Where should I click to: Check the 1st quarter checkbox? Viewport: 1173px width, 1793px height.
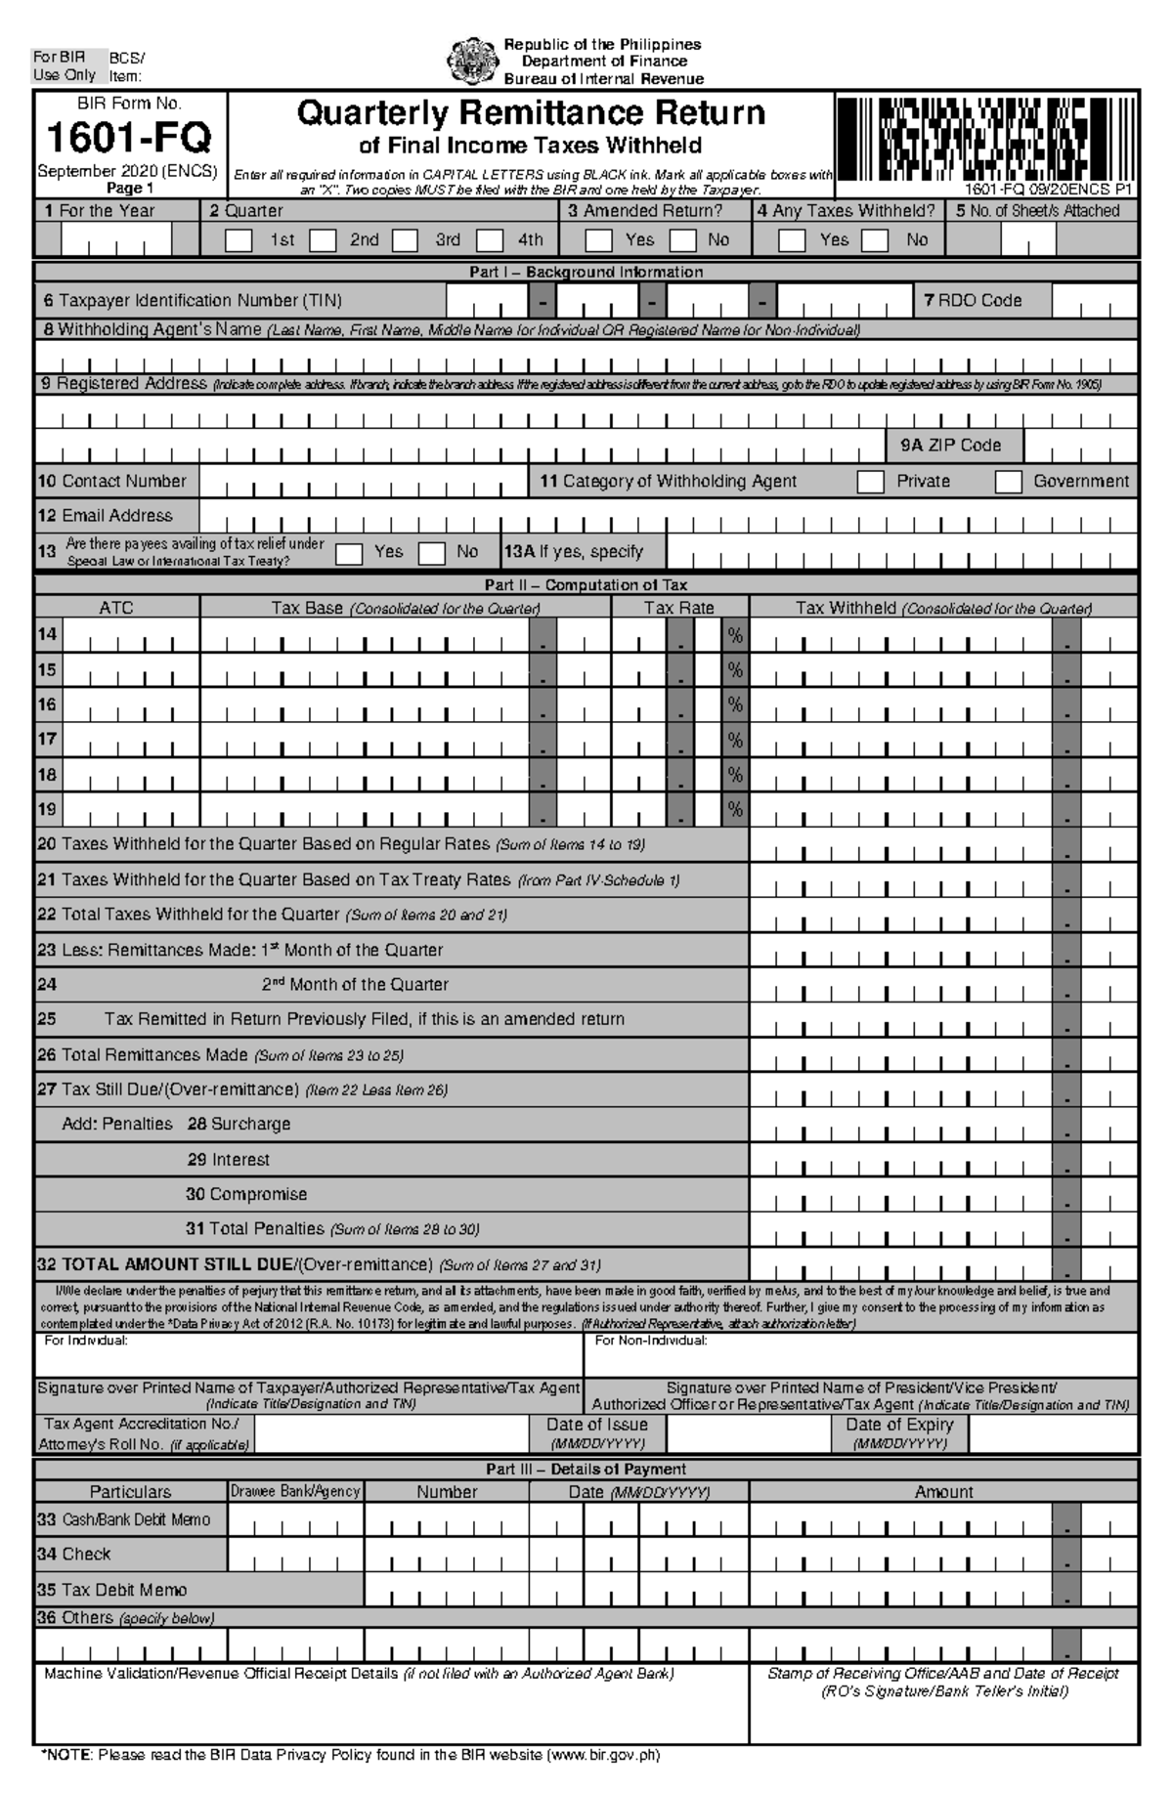click(x=239, y=240)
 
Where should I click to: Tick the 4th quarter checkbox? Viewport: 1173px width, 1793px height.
click(x=490, y=240)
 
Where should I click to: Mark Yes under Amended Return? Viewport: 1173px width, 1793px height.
click(x=598, y=240)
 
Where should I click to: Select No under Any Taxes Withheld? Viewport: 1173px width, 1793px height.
click(x=875, y=240)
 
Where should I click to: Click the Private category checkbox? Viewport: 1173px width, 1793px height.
click(x=870, y=482)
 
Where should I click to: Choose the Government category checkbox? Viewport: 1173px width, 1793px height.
click(x=1008, y=482)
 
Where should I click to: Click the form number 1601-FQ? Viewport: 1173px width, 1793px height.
click(x=129, y=138)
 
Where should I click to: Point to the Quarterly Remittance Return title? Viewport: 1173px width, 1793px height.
click(x=531, y=114)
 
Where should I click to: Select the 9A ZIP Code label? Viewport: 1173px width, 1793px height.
click(x=951, y=446)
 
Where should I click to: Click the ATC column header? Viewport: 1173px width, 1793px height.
click(x=116, y=608)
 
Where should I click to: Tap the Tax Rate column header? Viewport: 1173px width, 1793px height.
click(x=678, y=608)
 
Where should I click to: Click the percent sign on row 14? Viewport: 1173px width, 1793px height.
click(x=735, y=636)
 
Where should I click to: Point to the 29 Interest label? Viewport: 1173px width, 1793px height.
click(x=228, y=1160)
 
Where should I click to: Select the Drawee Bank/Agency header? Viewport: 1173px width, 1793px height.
click(x=295, y=1491)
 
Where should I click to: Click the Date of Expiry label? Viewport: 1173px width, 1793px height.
click(x=898, y=1425)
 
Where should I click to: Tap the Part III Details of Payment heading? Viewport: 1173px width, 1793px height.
click(x=586, y=1469)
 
